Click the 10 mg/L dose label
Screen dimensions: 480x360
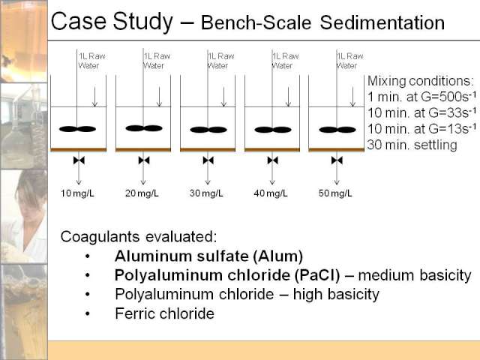[x=77, y=193]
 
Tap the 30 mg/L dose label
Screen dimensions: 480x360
[x=206, y=193]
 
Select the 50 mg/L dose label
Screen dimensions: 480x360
[x=335, y=193]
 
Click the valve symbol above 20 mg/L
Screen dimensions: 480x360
[x=144, y=160]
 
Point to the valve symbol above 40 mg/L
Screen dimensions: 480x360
[x=272, y=160]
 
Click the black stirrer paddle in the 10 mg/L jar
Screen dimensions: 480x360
[x=77, y=129]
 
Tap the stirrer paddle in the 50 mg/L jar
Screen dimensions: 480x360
[x=337, y=130]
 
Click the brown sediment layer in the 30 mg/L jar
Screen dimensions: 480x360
[x=208, y=150]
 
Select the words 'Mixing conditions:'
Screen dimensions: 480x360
[x=421, y=81]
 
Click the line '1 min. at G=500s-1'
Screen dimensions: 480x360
[x=421, y=97]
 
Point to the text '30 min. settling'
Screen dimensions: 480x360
[x=412, y=145]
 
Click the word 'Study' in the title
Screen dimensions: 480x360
[x=142, y=22]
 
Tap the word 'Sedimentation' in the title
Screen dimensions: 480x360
[x=382, y=23]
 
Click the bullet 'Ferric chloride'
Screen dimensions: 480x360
[x=165, y=313]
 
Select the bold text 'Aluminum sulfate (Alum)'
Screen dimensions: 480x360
[x=208, y=256]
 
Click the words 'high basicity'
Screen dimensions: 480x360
[x=336, y=295]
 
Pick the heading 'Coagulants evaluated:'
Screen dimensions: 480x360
[x=138, y=237]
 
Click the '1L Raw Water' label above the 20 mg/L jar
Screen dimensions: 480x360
[x=157, y=61]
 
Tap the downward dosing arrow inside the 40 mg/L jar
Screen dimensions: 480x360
[x=288, y=97]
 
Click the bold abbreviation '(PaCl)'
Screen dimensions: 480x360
[x=317, y=275]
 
